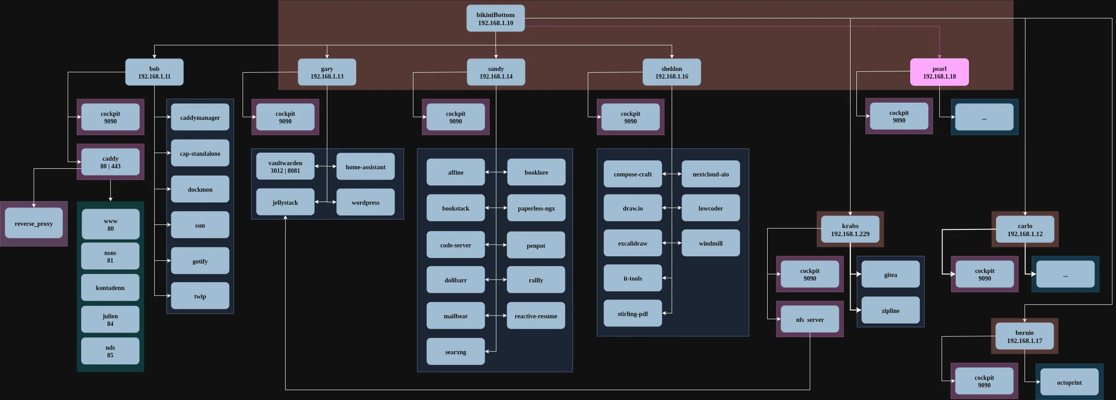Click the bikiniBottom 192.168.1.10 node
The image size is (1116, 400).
coord(495,18)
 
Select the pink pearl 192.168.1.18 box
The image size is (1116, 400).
coord(939,72)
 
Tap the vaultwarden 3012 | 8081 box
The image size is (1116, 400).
coord(285,167)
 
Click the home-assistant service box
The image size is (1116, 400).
coord(365,167)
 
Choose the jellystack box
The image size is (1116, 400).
coord(285,202)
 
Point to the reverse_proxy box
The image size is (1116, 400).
coord(34,224)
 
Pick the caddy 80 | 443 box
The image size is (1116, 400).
coord(110,162)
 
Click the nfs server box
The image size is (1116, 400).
coord(810,320)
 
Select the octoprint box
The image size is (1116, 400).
coord(1069,382)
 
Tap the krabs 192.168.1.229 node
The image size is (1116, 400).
coord(850,229)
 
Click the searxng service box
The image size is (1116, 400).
coord(456,352)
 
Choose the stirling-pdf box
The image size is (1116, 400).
coord(633,314)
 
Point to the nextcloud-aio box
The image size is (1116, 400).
coord(711,174)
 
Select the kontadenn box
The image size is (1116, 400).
coord(110,288)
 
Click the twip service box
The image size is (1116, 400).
coord(200,296)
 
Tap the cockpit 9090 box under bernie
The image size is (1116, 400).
coord(984,381)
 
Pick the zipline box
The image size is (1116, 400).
coord(890,311)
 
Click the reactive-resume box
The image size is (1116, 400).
coord(536,316)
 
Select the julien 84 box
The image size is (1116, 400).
coord(110,320)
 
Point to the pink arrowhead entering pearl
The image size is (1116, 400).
coord(939,56)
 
